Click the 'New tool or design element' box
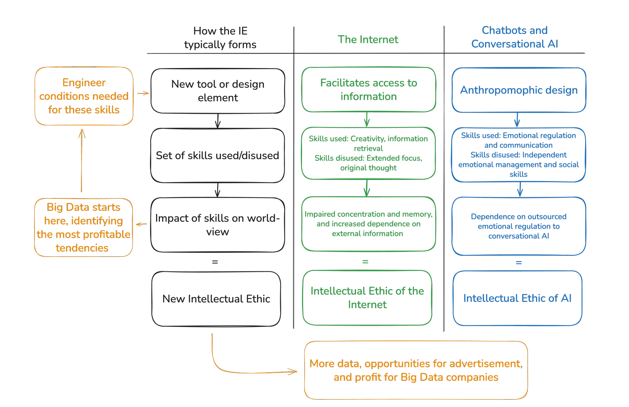[218, 91]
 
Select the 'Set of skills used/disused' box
[217, 155]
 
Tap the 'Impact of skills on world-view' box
[217, 225]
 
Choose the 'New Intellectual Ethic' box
[216, 299]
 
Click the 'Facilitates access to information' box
[369, 90]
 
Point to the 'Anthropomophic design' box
[519, 90]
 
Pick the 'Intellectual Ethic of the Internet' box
[367, 298]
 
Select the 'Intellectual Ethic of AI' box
[517, 298]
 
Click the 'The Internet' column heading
[368, 39]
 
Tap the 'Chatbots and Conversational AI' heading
[514, 37]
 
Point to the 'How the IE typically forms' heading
[220, 38]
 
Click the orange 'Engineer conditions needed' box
[84, 96]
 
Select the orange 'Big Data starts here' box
[84, 227]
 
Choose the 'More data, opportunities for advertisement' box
[416, 370]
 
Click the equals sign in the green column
[365, 262]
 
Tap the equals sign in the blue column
[519, 262]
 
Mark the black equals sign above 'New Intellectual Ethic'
[215, 262]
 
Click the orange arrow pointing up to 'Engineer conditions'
[82, 161]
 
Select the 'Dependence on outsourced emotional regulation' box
[519, 226]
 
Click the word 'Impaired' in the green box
[320, 214]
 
